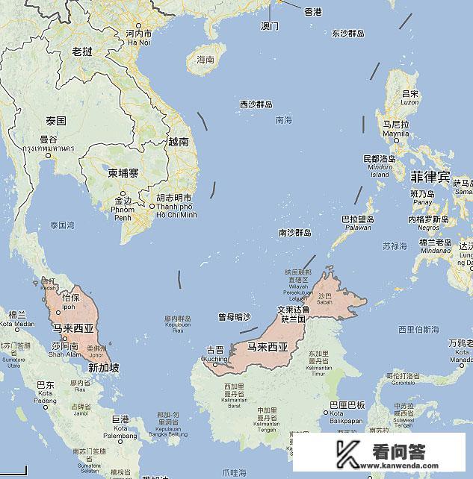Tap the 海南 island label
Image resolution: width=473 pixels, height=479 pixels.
pos(204,60)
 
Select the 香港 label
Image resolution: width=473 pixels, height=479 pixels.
pos(312,12)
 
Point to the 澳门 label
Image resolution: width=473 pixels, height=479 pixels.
pos(270,26)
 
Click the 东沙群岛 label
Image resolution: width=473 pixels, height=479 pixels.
pos(348,34)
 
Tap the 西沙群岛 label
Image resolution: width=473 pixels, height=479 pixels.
pos(256,104)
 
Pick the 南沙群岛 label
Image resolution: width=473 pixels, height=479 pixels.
pos(294,233)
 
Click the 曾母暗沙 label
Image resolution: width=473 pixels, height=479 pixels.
pos(235,317)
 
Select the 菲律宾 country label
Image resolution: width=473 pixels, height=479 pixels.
pos(430,178)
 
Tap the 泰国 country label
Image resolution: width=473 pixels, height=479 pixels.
pos(56,121)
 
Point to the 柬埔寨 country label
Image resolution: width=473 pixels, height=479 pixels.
pos(123,173)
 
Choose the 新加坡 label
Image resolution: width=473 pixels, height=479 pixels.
pos(104,368)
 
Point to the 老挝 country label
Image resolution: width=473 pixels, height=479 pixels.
pos(81,51)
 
